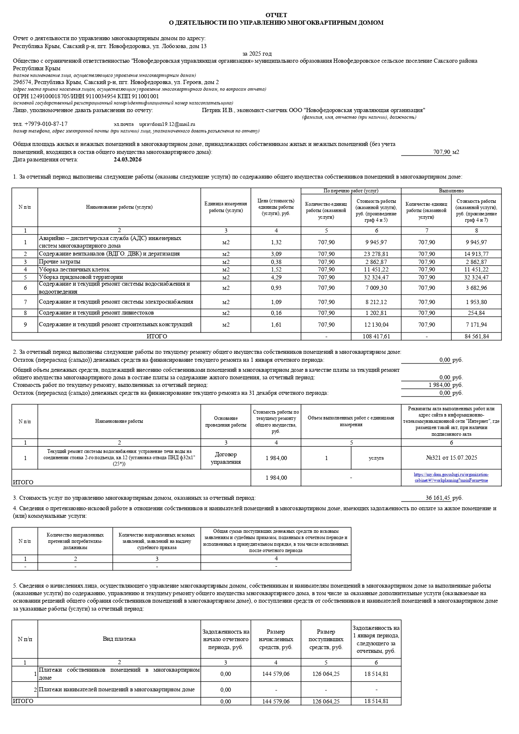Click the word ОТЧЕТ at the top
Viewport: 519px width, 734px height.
tap(276, 15)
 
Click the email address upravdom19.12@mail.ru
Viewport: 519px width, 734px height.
tap(167, 124)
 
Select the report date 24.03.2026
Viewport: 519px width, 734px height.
tap(128, 160)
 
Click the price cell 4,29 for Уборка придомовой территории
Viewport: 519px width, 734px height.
tap(276, 277)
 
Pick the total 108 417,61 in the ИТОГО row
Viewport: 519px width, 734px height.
tap(376, 337)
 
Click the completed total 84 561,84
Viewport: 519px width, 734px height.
tap(476, 337)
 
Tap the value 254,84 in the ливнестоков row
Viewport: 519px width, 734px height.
tap(476, 313)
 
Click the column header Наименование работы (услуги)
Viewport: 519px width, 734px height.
tap(119, 207)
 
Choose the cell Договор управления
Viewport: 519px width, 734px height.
tap(226, 458)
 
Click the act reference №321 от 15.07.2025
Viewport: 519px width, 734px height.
tap(451, 458)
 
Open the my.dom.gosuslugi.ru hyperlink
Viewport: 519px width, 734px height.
tap(451, 478)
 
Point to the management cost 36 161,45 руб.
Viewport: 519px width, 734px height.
tap(438, 498)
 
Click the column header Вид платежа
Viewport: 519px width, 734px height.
tap(119, 639)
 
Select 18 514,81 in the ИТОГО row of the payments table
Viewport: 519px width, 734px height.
tap(376, 701)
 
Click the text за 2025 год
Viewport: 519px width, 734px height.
tap(257, 54)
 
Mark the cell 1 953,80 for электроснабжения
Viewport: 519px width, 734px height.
tap(476, 302)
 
